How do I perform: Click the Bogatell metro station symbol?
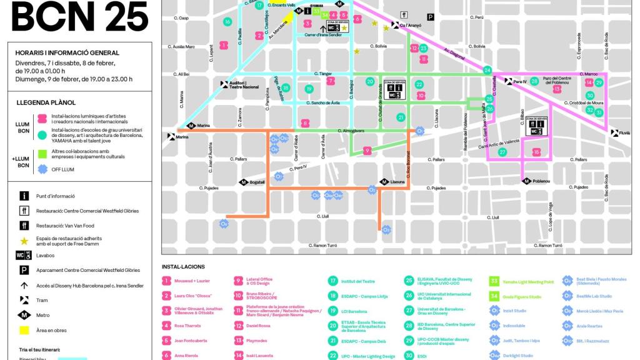click(244, 182)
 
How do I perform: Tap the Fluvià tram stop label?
click(624, 133)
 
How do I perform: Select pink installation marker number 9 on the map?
click(367, 151)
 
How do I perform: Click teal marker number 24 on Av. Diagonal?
click(487, 71)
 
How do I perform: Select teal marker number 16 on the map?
click(227, 22)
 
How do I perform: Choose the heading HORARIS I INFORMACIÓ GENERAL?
click(67, 53)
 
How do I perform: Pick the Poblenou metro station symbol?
click(527, 181)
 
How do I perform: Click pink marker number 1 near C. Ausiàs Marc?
click(223, 45)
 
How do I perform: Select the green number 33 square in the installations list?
click(494, 281)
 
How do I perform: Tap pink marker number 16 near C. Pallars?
click(536, 152)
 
